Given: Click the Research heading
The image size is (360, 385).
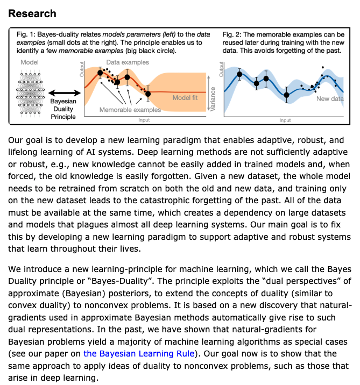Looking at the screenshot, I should point(32,12).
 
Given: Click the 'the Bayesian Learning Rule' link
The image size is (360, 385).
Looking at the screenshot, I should point(139,353).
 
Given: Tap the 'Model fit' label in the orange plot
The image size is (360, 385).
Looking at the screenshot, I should point(185,98).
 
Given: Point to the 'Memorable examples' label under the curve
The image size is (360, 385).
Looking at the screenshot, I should point(130,110).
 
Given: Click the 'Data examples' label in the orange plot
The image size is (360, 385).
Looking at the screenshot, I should point(128,63).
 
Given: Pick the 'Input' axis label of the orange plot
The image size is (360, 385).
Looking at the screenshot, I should point(144,120).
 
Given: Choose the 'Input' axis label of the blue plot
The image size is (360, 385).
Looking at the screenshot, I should point(285,120).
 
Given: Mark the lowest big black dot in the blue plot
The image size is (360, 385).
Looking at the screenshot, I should point(287,95).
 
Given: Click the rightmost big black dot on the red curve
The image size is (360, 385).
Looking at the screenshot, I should point(148,94).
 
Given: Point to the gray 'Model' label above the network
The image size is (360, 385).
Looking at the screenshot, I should point(29,63).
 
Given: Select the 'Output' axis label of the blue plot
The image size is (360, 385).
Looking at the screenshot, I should point(221,69).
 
